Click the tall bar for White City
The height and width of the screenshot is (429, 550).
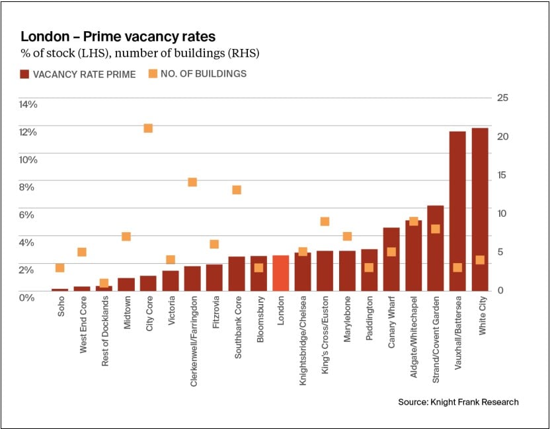[480, 209]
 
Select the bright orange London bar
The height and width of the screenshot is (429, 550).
[280, 273]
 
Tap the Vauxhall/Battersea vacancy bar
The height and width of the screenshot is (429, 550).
[457, 211]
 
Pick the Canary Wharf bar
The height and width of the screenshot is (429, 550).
[391, 259]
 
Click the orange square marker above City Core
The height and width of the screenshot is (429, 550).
[148, 128]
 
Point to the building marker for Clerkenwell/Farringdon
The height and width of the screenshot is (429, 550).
[192, 182]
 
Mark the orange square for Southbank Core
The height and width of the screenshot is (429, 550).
[237, 190]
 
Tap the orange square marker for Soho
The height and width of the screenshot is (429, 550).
[60, 268]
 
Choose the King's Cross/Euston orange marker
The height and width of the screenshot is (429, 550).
[325, 221]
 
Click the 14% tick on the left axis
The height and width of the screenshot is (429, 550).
[28, 104]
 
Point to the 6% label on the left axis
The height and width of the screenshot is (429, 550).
[26, 214]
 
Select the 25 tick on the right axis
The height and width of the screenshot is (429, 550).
[502, 98]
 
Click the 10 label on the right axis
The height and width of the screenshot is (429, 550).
[502, 213]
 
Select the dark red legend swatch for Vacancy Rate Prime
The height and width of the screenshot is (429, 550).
[26, 74]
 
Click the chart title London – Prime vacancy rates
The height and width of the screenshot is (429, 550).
[118, 36]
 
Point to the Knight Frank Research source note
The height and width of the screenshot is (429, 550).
[458, 402]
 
